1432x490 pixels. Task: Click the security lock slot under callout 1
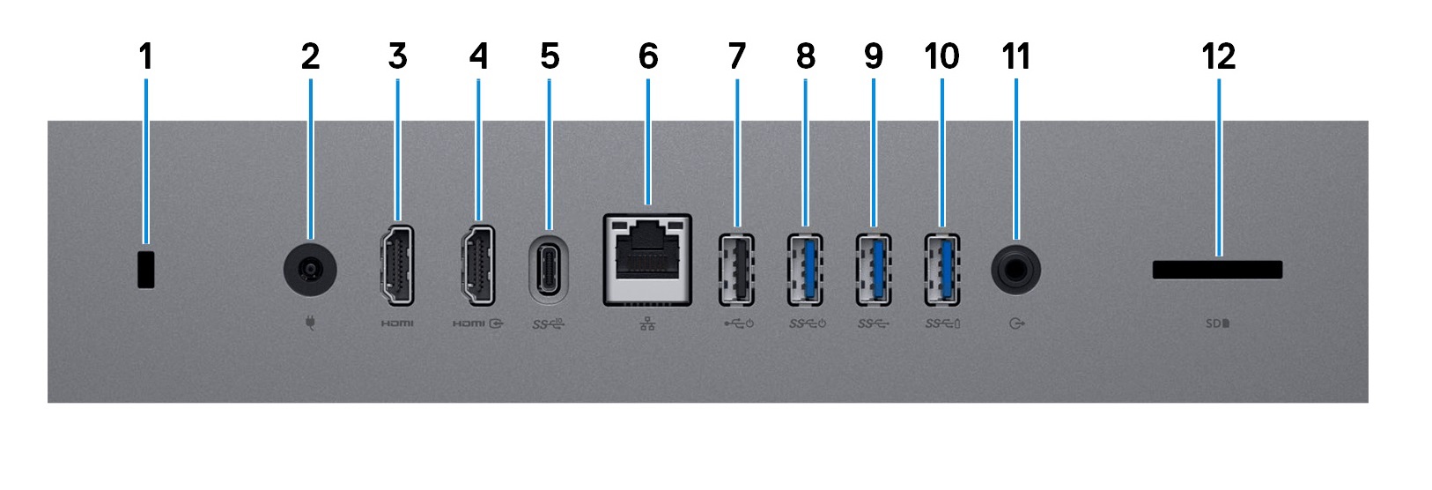146,270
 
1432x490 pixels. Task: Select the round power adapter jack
310,270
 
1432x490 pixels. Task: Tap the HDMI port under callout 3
397,265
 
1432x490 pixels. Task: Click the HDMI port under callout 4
477,265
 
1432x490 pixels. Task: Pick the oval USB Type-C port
550,270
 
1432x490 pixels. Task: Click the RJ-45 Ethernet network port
647,260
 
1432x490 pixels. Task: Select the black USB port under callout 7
736,270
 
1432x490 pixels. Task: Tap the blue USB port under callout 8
805,270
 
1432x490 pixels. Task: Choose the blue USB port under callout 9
874,270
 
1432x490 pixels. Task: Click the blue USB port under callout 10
941,270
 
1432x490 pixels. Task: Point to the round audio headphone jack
1015,270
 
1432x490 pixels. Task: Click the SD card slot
1217,270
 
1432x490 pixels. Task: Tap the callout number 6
648,56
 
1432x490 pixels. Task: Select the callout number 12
1219,56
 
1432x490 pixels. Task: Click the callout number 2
310,56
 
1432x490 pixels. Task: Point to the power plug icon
311,323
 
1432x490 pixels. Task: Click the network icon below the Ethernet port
647,323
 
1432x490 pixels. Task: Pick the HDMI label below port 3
397,323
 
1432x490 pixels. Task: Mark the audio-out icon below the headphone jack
1016,323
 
